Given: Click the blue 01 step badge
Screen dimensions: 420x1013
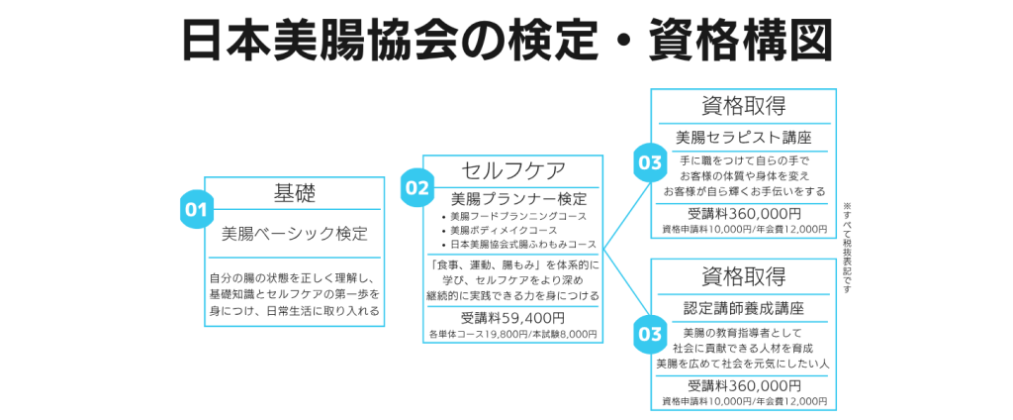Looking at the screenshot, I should [x=196, y=209].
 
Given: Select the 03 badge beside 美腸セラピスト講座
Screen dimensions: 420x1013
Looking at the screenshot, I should [x=650, y=161].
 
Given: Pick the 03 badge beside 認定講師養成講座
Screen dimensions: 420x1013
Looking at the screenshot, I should [x=650, y=334].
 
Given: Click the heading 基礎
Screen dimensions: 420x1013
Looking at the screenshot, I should [x=294, y=194].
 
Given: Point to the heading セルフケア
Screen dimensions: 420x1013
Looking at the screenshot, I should [x=510, y=171].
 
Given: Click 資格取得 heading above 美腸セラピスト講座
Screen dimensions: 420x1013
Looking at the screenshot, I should [x=743, y=106].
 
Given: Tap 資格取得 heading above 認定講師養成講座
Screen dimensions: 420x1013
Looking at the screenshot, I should [x=743, y=276].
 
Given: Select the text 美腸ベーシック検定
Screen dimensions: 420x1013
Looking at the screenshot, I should [x=294, y=236].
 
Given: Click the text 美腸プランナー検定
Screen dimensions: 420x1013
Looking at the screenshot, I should [x=511, y=199].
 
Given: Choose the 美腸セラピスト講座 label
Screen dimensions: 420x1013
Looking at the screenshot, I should [x=743, y=137].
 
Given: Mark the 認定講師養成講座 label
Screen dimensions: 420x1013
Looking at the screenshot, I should [x=743, y=308].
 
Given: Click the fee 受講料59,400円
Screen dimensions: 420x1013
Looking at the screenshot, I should [x=511, y=318].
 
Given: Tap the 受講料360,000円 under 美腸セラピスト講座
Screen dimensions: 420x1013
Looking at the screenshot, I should [x=743, y=213].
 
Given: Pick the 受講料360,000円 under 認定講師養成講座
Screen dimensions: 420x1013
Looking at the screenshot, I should [x=743, y=385].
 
